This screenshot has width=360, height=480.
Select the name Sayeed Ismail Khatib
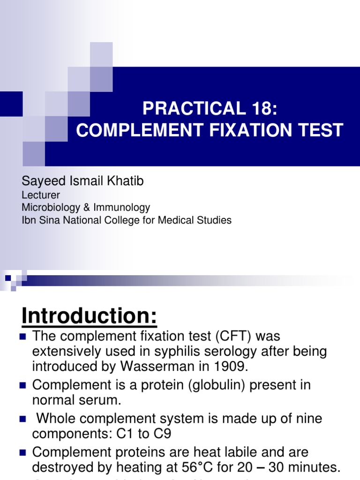(82, 181)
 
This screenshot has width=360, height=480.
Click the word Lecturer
(41, 195)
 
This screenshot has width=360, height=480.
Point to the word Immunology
(121, 208)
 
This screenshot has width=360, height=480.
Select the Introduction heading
(89, 316)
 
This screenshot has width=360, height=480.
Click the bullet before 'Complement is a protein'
(22, 385)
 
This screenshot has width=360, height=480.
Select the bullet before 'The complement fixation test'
(22, 336)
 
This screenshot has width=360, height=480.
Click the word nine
(307, 419)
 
